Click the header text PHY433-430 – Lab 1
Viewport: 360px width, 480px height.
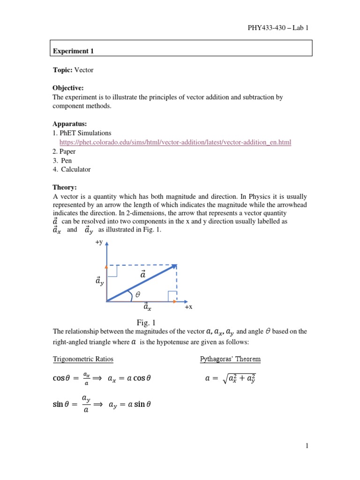(x=277, y=28)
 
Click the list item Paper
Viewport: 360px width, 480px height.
(x=67, y=151)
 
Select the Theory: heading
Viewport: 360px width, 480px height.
(x=64, y=187)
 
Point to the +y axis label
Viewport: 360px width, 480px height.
(x=99, y=242)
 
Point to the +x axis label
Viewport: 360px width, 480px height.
(x=188, y=307)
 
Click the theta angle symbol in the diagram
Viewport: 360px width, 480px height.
(x=137, y=295)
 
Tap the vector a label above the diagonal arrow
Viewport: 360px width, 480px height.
(x=143, y=274)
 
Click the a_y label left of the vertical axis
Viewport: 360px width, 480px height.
(x=100, y=281)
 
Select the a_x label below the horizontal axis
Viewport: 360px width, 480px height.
(x=147, y=307)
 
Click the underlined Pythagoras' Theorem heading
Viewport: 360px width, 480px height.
(x=230, y=360)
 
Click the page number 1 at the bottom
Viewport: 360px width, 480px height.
(x=307, y=446)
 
